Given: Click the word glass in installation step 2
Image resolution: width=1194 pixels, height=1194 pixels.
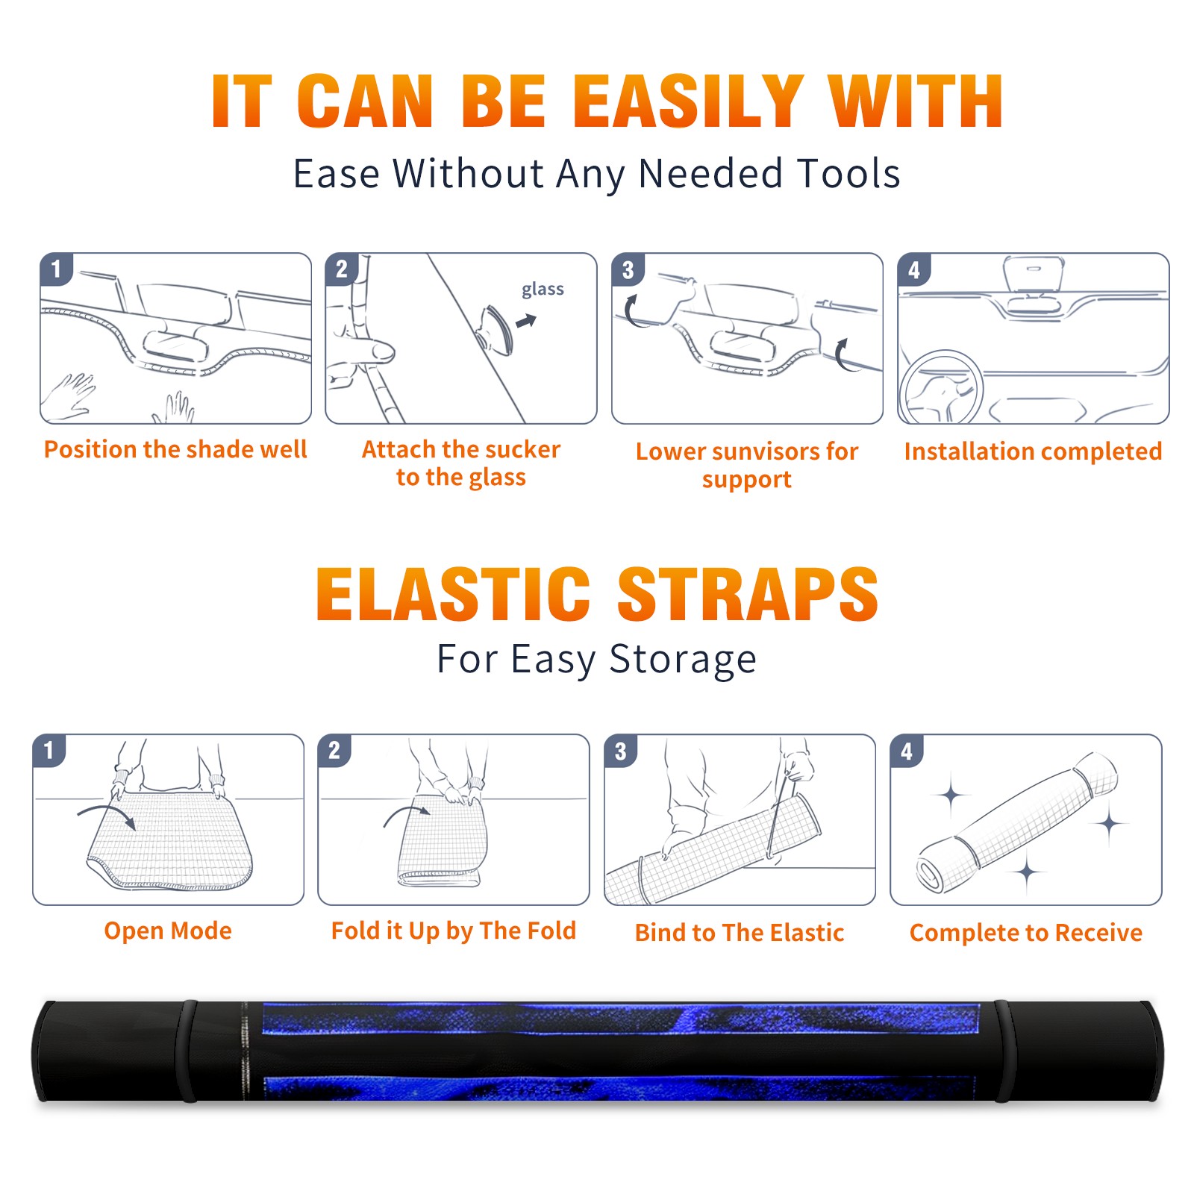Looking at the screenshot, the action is click(543, 290).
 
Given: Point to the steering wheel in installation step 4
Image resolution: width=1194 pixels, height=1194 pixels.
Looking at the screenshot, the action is click(941, 387).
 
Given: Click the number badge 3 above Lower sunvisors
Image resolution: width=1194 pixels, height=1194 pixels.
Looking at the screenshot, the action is click(628, 269).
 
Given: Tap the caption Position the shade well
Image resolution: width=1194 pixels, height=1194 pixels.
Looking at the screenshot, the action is click(175, 449).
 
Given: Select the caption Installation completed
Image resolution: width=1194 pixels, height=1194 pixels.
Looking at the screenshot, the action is click(1033, 451).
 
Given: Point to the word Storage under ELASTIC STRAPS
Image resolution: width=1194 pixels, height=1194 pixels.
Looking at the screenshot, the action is click(683, 660).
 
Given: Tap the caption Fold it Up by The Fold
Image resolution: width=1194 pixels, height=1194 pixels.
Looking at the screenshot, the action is click(454, 931).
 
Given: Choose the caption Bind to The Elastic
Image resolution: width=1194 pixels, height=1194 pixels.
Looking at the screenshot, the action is click(740, 932).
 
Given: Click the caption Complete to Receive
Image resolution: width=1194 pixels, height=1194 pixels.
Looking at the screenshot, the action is click(1026, 932).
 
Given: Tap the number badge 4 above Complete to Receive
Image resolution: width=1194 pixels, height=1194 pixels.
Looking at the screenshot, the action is click(907, 751).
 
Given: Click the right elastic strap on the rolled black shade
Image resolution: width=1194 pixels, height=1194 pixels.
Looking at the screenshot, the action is click(1003, 1051).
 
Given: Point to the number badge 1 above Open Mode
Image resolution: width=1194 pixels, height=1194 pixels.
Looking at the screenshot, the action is click(49, 751).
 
